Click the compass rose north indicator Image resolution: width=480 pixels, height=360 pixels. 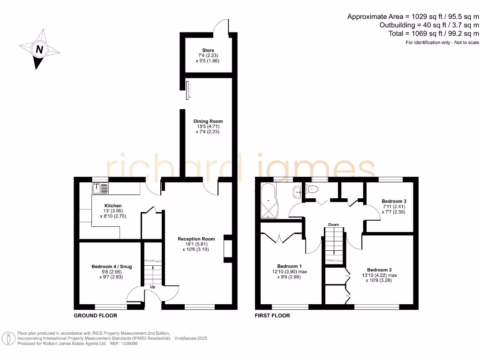[39, 49]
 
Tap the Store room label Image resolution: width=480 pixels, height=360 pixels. [208, 50]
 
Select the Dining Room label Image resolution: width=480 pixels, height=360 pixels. [208, 121]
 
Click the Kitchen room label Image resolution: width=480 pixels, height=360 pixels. [113, 205]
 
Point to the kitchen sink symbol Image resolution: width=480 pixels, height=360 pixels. [101, 188]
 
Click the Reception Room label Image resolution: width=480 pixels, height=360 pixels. [196, 239]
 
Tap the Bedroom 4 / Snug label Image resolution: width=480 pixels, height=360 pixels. [112, 266]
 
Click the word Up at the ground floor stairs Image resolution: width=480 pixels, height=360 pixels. [153, 286]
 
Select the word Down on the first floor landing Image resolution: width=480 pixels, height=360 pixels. [333, 225]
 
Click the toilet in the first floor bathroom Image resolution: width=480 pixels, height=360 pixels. [312, 189]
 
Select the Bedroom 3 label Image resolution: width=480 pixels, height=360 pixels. [394, 201]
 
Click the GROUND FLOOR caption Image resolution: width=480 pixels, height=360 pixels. [92, 315]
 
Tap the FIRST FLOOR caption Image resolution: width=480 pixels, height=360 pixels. [272, 315]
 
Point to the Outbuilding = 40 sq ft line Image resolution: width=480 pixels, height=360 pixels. [429, 25]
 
